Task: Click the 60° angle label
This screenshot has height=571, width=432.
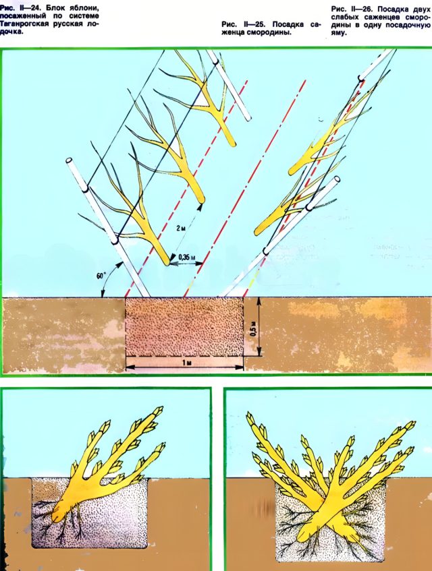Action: click(x=101, y=276)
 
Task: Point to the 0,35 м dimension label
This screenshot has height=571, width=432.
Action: click(x=186, y=257)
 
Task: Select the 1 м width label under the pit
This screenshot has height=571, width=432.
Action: click(x=185, y=362)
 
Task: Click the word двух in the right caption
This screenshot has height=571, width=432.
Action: click(x=418, y=9)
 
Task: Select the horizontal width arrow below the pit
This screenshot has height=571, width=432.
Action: click(x=185, y=367)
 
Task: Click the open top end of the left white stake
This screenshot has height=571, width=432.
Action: click(x=69, y=160)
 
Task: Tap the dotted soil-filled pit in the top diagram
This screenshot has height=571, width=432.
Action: click(x=184, y=327)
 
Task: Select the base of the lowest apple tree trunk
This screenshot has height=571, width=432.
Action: click(x=167, y=262)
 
